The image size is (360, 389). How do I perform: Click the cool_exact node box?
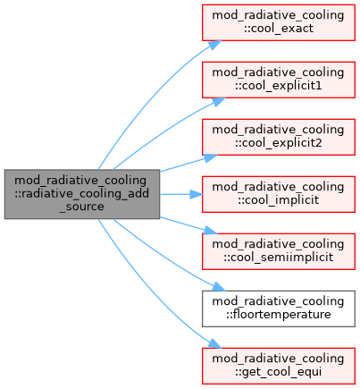(279, 22)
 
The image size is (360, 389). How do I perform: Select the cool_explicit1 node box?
(279, 80)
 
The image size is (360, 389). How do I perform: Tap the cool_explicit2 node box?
(279, 137)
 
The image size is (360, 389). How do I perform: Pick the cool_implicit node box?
(279, 194)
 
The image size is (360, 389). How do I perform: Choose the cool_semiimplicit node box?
(279, 251)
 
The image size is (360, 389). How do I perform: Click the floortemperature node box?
(279, 309)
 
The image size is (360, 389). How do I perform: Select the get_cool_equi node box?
(279, 366)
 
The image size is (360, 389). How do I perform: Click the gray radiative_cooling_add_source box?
(82, 194)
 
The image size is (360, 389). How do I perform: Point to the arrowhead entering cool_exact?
(214, 45)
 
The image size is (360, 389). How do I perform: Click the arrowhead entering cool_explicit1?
(219, 101)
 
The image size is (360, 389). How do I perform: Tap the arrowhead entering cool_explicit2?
(211, 157)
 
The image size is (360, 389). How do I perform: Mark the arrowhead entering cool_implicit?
(197, 194)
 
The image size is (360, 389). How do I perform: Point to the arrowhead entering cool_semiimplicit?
(211, 231)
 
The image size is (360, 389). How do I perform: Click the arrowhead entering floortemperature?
(219, 287)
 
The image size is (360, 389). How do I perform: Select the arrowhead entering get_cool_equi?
(214, 343)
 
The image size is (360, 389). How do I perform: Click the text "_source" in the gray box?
(82, 207)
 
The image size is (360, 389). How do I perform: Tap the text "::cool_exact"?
(279, 29)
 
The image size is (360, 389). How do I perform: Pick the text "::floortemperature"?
(279, 315)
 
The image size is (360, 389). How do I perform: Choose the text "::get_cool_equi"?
(279, 372)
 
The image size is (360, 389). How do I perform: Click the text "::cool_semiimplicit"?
(279, 258)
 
